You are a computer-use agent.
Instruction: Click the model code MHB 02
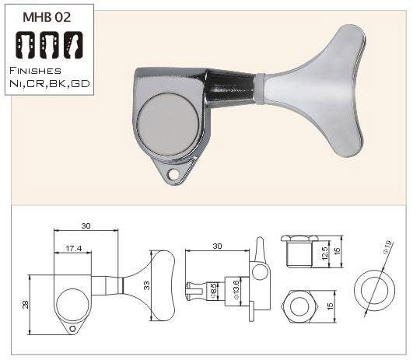coord(47,17)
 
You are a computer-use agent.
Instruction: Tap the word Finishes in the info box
coord(35,71)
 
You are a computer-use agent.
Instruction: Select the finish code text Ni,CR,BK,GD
coord(50,84)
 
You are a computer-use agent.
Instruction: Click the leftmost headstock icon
coord(26,45)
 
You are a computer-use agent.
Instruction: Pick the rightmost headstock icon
coord(73,45)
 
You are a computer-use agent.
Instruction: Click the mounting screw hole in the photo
coord(173,174)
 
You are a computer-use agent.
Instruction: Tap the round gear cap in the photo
coord(168,124)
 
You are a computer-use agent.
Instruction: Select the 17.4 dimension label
coord(74,248)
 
